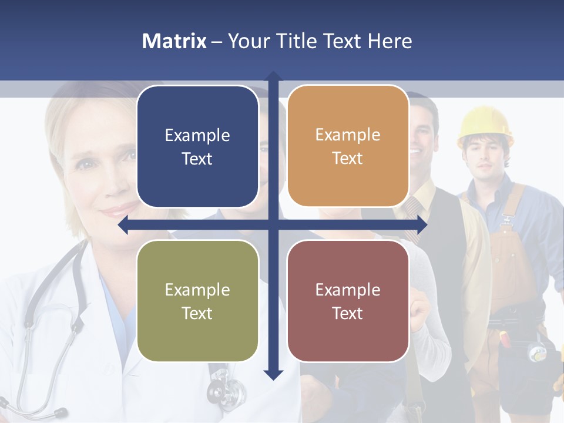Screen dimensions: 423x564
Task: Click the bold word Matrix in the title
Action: [x=174, y=41]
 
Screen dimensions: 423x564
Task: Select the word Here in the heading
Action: [x=390, y=41]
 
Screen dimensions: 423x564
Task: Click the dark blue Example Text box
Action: [x=197, y=146]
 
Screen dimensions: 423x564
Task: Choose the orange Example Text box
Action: [x=348, y=146]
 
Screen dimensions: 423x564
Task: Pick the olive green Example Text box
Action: [x=197, y=301]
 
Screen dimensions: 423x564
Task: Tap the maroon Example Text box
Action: [x=348, y=301]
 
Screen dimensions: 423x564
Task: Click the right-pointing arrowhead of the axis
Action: [x=422, y=225]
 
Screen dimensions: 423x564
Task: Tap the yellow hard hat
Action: [x=485, y=125]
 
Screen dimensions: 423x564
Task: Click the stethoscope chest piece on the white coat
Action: [x=226, y=388]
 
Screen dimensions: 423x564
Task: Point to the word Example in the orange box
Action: [x=348, y=135]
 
